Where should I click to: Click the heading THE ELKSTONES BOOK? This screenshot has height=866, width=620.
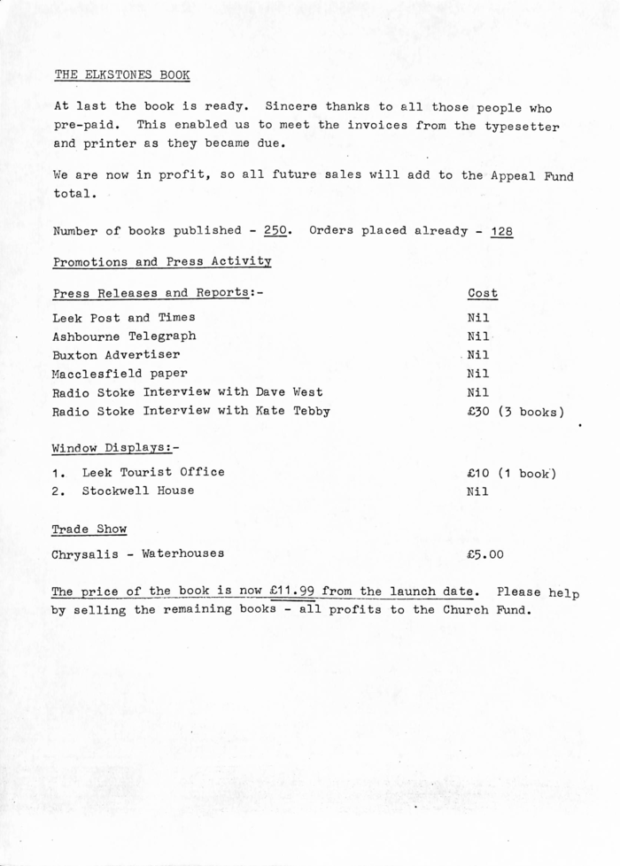point(122,75)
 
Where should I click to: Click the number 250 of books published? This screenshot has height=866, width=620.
point(276,231)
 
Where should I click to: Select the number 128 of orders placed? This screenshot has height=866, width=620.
point(501,231)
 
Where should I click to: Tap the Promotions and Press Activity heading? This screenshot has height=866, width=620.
point(162,262)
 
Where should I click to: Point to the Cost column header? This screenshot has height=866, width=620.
point(483,293)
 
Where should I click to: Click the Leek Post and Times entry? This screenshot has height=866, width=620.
point(124,317)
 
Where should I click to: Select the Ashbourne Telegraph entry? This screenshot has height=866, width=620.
point(124,336)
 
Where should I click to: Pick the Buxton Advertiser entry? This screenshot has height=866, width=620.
point(116,355)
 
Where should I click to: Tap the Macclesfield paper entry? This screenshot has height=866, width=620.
point(120,374)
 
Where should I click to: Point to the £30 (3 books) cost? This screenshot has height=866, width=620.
point(515,412)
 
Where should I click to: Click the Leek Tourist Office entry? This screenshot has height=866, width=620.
point(153,472)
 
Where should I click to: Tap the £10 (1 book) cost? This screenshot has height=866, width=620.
point(511,473)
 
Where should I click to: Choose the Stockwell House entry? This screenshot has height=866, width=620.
point(138,491)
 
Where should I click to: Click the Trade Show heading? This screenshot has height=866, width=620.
point(89,530)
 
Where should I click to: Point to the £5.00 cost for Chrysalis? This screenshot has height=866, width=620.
point(485,555)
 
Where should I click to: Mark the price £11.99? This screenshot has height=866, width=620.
point(291,591)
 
